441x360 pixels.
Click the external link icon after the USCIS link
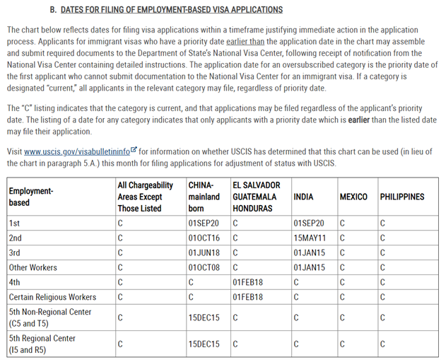click(133, 150)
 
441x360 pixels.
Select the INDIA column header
click(303, 197)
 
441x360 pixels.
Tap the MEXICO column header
click(353, 197)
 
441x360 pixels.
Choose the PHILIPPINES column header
click(402, 197)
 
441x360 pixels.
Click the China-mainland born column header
click(204, 197)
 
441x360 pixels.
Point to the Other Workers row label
click(33, 268)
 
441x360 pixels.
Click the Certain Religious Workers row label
click(52, 297)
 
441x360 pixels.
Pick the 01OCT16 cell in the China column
click(204, 238)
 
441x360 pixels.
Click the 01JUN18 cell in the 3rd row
click(204, 253)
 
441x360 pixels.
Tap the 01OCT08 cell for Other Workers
click(204, 268)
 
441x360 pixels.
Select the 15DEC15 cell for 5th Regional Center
click(204, 344)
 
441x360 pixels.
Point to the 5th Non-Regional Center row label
click(49, 318)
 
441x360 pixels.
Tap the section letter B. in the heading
click(52, 10)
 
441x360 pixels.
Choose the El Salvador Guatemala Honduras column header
click(256, 197)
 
